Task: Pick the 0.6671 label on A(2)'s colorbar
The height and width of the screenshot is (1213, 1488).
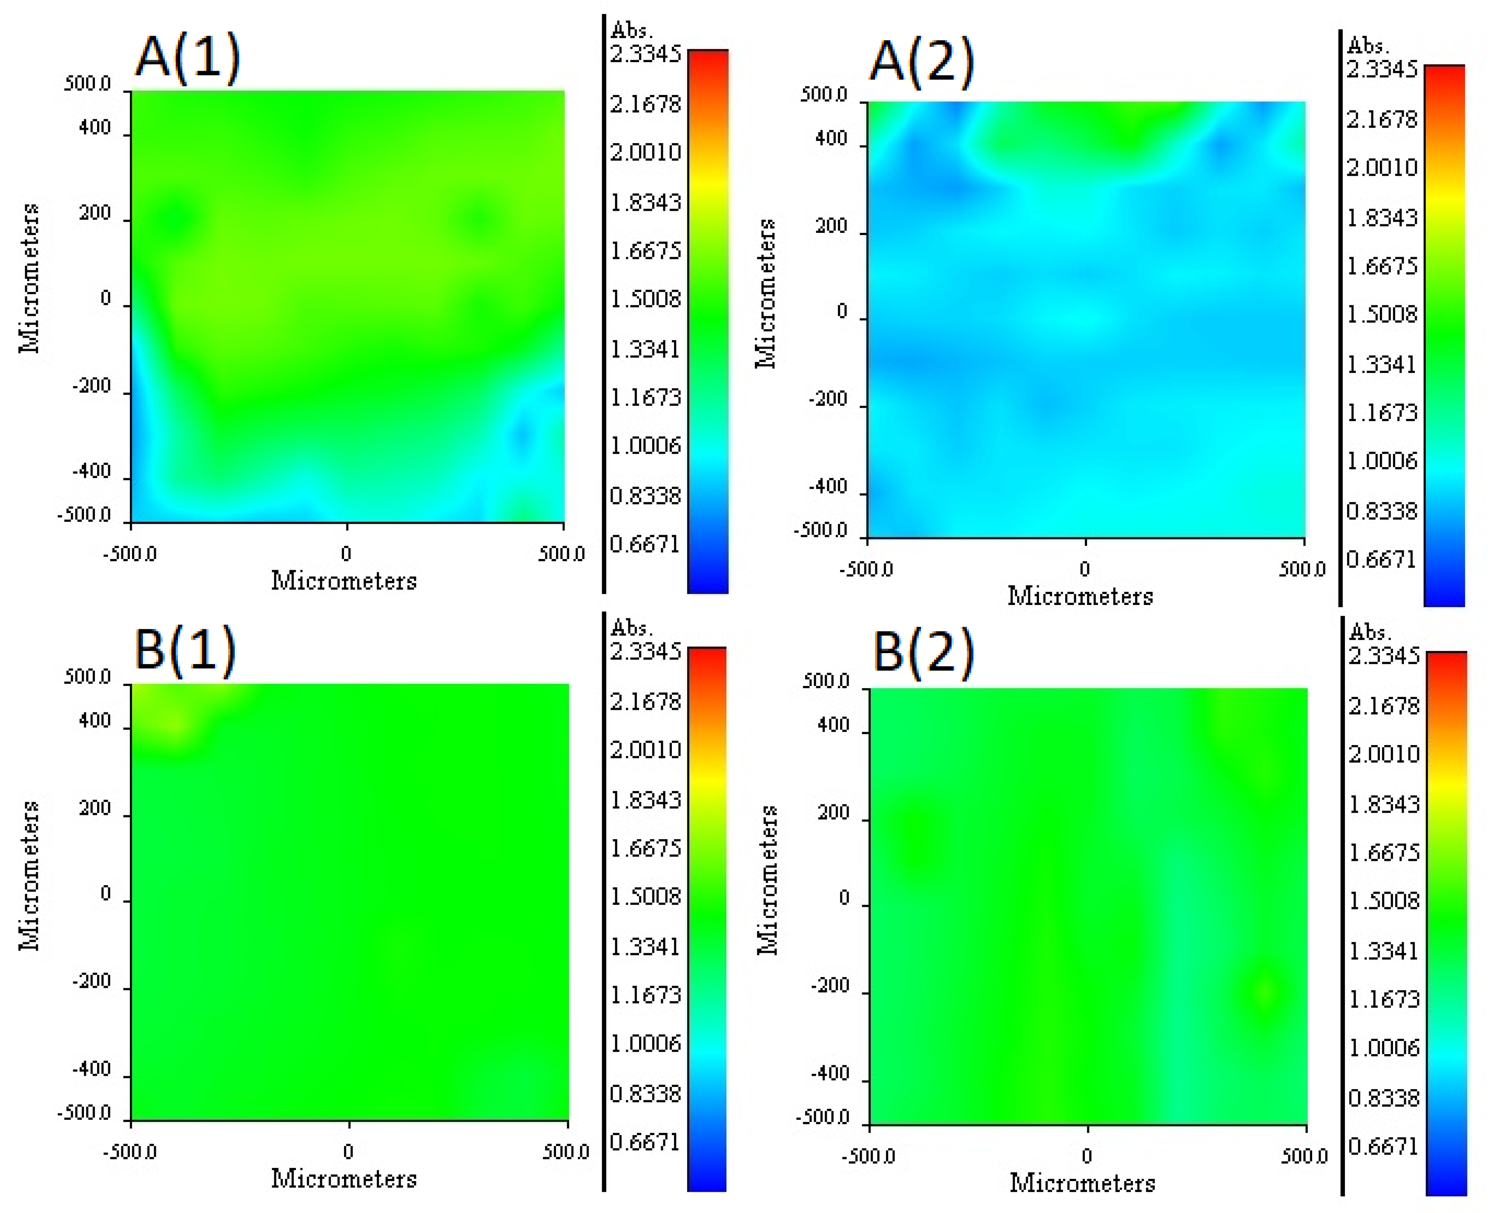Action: [1381, 560]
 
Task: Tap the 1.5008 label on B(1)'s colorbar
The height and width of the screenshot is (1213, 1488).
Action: [645, 897]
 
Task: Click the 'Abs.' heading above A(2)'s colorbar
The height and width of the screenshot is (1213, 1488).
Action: [1367, 46]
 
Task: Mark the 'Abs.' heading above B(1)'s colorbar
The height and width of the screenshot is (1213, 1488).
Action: [631, 628]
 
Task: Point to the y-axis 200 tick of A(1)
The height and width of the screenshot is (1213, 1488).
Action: [95, 213]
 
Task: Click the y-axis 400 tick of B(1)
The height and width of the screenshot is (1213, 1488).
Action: [95, 720]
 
